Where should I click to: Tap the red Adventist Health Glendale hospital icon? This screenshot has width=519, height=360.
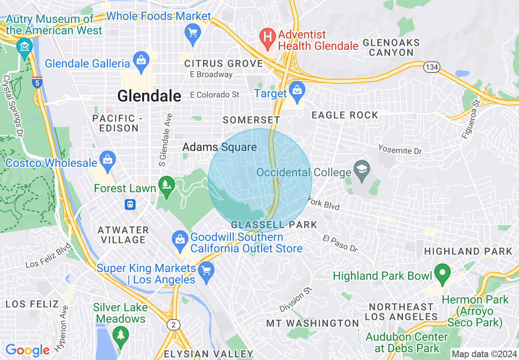coord(268,36)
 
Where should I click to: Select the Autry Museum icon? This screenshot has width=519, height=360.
coord(25,47)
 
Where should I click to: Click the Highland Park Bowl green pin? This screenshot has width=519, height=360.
coord(442,273)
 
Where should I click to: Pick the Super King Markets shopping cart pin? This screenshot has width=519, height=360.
coord(206,271)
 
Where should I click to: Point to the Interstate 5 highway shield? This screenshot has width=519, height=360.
coord(37,82)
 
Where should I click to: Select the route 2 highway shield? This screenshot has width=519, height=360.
coord(174,325)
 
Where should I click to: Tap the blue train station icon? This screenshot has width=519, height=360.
coord(130,204)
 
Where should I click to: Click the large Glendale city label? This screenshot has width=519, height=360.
coord(149,96)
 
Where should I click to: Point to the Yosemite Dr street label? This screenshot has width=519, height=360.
coord(399,150)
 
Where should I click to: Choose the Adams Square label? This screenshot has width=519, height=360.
coord(219,147)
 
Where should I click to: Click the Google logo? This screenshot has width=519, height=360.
coord(27,350)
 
